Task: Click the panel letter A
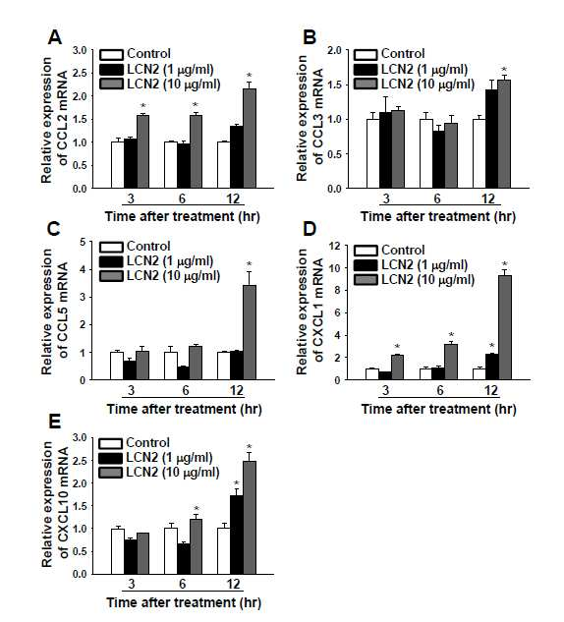[55, 37]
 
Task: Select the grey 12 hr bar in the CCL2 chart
[250, 138]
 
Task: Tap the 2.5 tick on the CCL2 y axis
[80, 74]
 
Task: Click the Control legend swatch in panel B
[366, 54]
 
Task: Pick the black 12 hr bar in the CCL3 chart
[492, 139]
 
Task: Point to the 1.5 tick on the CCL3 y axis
[335, 85]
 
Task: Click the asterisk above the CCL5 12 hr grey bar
[249, 264]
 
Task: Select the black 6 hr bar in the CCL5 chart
[183, 372]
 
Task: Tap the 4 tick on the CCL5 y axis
[83, 270]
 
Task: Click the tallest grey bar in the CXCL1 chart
[505, 327]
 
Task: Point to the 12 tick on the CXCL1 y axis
[335, 246]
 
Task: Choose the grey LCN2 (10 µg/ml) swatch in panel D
[366, 280]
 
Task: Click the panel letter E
[54, 422]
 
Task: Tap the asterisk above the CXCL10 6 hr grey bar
[197, 509]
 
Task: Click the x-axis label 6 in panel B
[437, 198]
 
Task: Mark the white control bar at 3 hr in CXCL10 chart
[118, 551]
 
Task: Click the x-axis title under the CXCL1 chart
[438, 409]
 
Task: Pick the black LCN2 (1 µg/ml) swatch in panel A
[111, 70]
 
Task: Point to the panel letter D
[310, 229]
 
